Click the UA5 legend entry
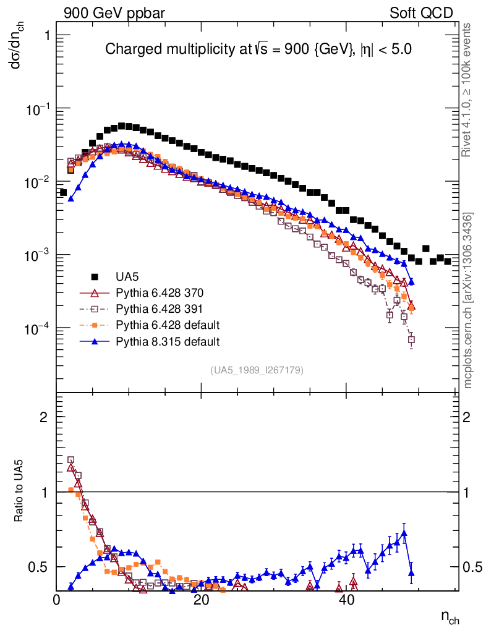click(127, 276)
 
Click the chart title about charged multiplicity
click(258, 49)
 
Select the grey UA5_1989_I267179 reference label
click(257, 370)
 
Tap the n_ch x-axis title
click(449, 617)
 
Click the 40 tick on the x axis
click(346, 600)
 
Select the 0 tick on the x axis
click(57, 600)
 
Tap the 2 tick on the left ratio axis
click(44, 417)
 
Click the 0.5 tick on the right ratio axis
click(472, 567)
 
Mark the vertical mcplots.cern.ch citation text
click(469, 301)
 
